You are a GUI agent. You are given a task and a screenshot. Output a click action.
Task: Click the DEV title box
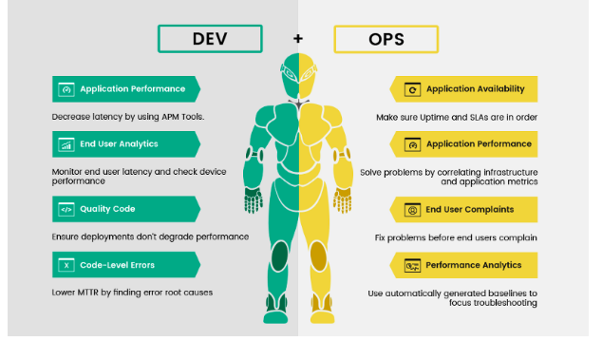pyautogui.click(x=210, y=39)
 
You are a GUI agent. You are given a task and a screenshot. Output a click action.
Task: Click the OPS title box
pyautogui.click(x=386, y=40)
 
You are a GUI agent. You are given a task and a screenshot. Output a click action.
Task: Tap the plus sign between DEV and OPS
pyautogui.click(x=298, y=39)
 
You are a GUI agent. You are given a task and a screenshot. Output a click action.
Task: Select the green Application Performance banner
pyautogui.click(x=125, y=89)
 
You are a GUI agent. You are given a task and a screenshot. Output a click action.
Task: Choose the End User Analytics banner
pyautogui.click(x=125, y=144)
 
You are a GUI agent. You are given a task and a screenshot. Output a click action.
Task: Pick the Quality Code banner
pyautogui.click(x=125, y=209)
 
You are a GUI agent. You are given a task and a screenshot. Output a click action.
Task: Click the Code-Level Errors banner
pyautogui.click(x=125, y=265)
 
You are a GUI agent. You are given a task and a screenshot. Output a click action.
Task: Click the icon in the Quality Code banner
pyautogui.click(x=66, y=209)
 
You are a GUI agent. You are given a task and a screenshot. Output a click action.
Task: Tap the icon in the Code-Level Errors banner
pyautogui.click(x=66, y=265)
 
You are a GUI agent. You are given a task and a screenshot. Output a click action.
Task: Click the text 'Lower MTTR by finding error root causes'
pyautogui.click(x=132, y=292)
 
